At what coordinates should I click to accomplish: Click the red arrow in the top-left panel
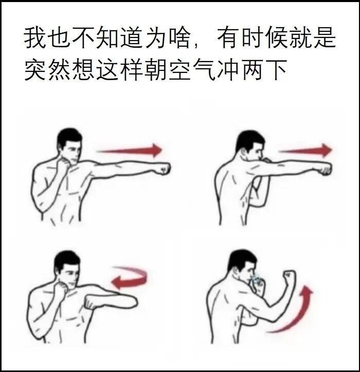130,150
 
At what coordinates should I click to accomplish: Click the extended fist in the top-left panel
164,169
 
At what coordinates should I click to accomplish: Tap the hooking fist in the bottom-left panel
92,302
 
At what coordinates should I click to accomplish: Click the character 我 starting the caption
35,38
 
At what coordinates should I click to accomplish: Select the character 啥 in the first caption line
180,38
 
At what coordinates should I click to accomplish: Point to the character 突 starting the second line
35,69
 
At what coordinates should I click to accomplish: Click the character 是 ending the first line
325,38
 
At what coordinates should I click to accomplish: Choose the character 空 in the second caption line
179,69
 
